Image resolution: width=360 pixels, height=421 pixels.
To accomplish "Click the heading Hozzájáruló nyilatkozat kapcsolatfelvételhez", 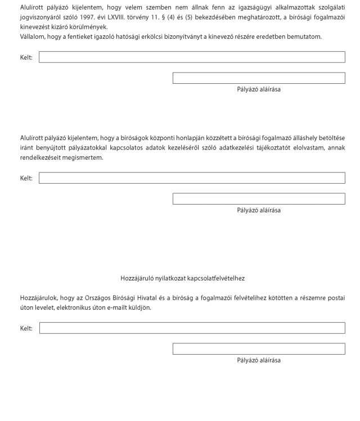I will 182,278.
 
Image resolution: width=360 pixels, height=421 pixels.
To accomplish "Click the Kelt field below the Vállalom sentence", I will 192,57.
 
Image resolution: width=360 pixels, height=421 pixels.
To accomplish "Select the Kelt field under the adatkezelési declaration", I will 192,178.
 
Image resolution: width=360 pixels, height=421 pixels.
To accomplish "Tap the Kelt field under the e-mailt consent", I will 192,328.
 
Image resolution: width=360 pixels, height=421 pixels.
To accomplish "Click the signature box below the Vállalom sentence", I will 259,78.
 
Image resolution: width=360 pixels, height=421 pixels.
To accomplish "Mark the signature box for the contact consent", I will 259,349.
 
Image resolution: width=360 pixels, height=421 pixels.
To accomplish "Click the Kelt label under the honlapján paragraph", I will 26,178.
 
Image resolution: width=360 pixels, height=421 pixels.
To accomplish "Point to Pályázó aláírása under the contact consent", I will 259,360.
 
